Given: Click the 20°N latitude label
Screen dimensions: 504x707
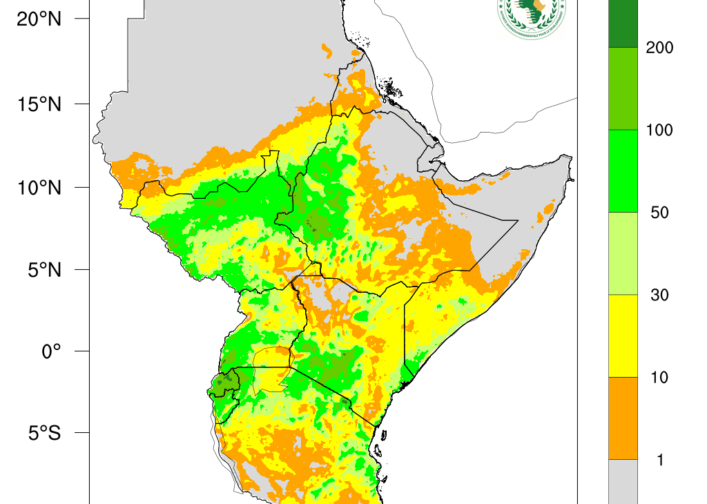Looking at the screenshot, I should tap(39, 19).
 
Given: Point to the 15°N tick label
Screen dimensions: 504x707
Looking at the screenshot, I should tap(39, 104).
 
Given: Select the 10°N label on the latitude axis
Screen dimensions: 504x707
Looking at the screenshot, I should tap(39, 187).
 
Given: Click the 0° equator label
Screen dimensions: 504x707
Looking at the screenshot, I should tap(52, 351).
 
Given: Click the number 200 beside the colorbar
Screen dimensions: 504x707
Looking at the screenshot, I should tap(659, 48).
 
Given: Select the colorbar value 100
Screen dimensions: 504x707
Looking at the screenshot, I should tap(659, 130).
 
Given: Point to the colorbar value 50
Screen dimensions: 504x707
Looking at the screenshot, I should tap(659, 213).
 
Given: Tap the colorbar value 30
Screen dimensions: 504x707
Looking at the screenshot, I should tap(659, 295).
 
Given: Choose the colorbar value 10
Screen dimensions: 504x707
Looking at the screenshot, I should tap(659, 378).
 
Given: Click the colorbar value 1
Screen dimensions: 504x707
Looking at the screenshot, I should tap(659, 461).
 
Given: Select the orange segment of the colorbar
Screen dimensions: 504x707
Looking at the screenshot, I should tap(622, 418).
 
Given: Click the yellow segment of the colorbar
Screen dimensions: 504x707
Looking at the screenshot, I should tap(622, 336).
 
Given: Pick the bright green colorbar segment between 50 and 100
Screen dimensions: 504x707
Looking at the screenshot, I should tap(622, 171).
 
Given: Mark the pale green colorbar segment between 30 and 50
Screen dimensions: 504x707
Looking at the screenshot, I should tap(622, 253).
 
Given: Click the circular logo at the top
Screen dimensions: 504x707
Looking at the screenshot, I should tap(530, 15).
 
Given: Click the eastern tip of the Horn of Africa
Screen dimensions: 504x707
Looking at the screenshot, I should tap(571, 158).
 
